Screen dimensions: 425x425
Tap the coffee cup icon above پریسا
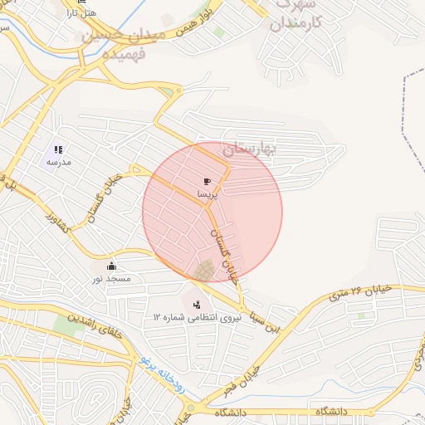point(207,181)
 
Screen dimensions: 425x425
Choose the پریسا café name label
point(207,193)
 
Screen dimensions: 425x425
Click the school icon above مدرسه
point(58,150)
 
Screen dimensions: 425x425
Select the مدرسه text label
point(58,163)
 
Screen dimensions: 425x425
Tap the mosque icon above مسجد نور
point(111,266)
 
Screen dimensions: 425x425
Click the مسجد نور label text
point(111,279)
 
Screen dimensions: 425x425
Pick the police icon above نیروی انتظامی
point(196,304)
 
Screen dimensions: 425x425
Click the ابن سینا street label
point(272,322)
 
